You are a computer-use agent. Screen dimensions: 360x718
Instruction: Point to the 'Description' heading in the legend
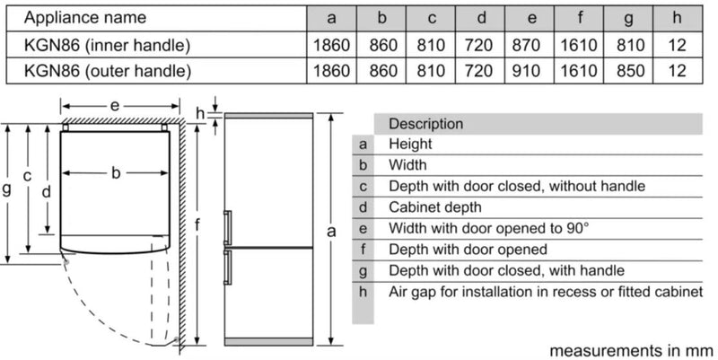tap(425, 124)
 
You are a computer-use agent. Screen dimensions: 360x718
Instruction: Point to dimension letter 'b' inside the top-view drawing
tap(116, 173)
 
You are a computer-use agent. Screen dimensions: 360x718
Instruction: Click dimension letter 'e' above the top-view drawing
tap(115, 106)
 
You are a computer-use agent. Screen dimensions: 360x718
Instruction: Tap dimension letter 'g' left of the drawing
tap(7, 189)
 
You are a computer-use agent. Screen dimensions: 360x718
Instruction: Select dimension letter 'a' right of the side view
tap(331, 232)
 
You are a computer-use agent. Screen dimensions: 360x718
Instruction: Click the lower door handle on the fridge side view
tap(228, 265)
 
